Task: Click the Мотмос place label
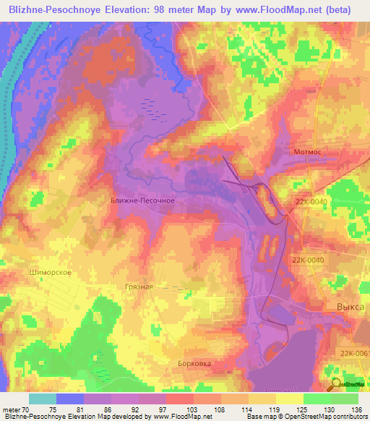(311, 153)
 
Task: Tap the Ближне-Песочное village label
(142, 201)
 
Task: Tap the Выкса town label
(350, 307)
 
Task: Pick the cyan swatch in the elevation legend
(42, 399)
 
